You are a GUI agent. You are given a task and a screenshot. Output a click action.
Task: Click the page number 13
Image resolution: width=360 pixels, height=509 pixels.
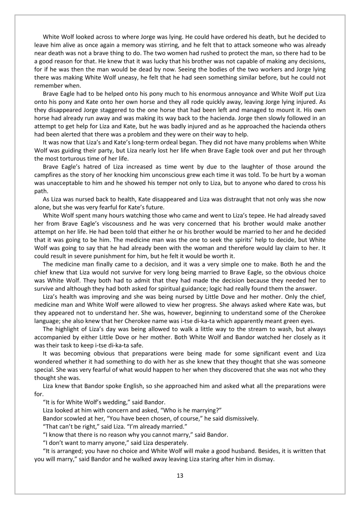[180, 475]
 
